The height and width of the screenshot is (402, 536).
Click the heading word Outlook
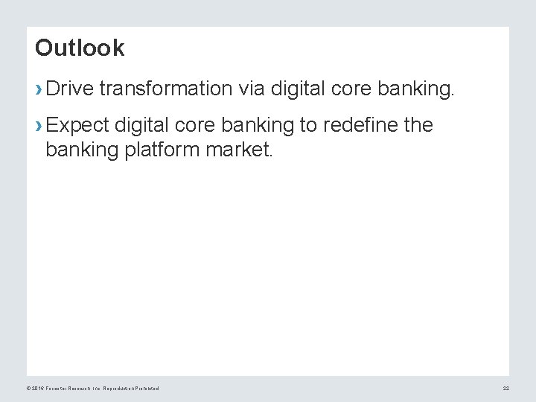(80, 48)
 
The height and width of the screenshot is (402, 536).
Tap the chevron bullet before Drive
(39, 90)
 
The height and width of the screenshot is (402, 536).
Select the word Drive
(70, 89)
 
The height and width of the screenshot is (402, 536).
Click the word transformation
(168, 89)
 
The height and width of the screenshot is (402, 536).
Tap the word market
(243, 151)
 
